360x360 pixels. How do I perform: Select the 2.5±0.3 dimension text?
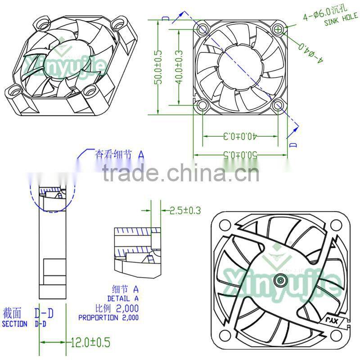(184, 210)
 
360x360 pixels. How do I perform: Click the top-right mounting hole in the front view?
(279, 30)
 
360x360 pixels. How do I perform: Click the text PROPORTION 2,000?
(108, 317)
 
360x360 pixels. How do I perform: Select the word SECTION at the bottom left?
(14, 324)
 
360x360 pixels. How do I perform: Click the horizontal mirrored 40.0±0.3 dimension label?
(239, 135)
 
